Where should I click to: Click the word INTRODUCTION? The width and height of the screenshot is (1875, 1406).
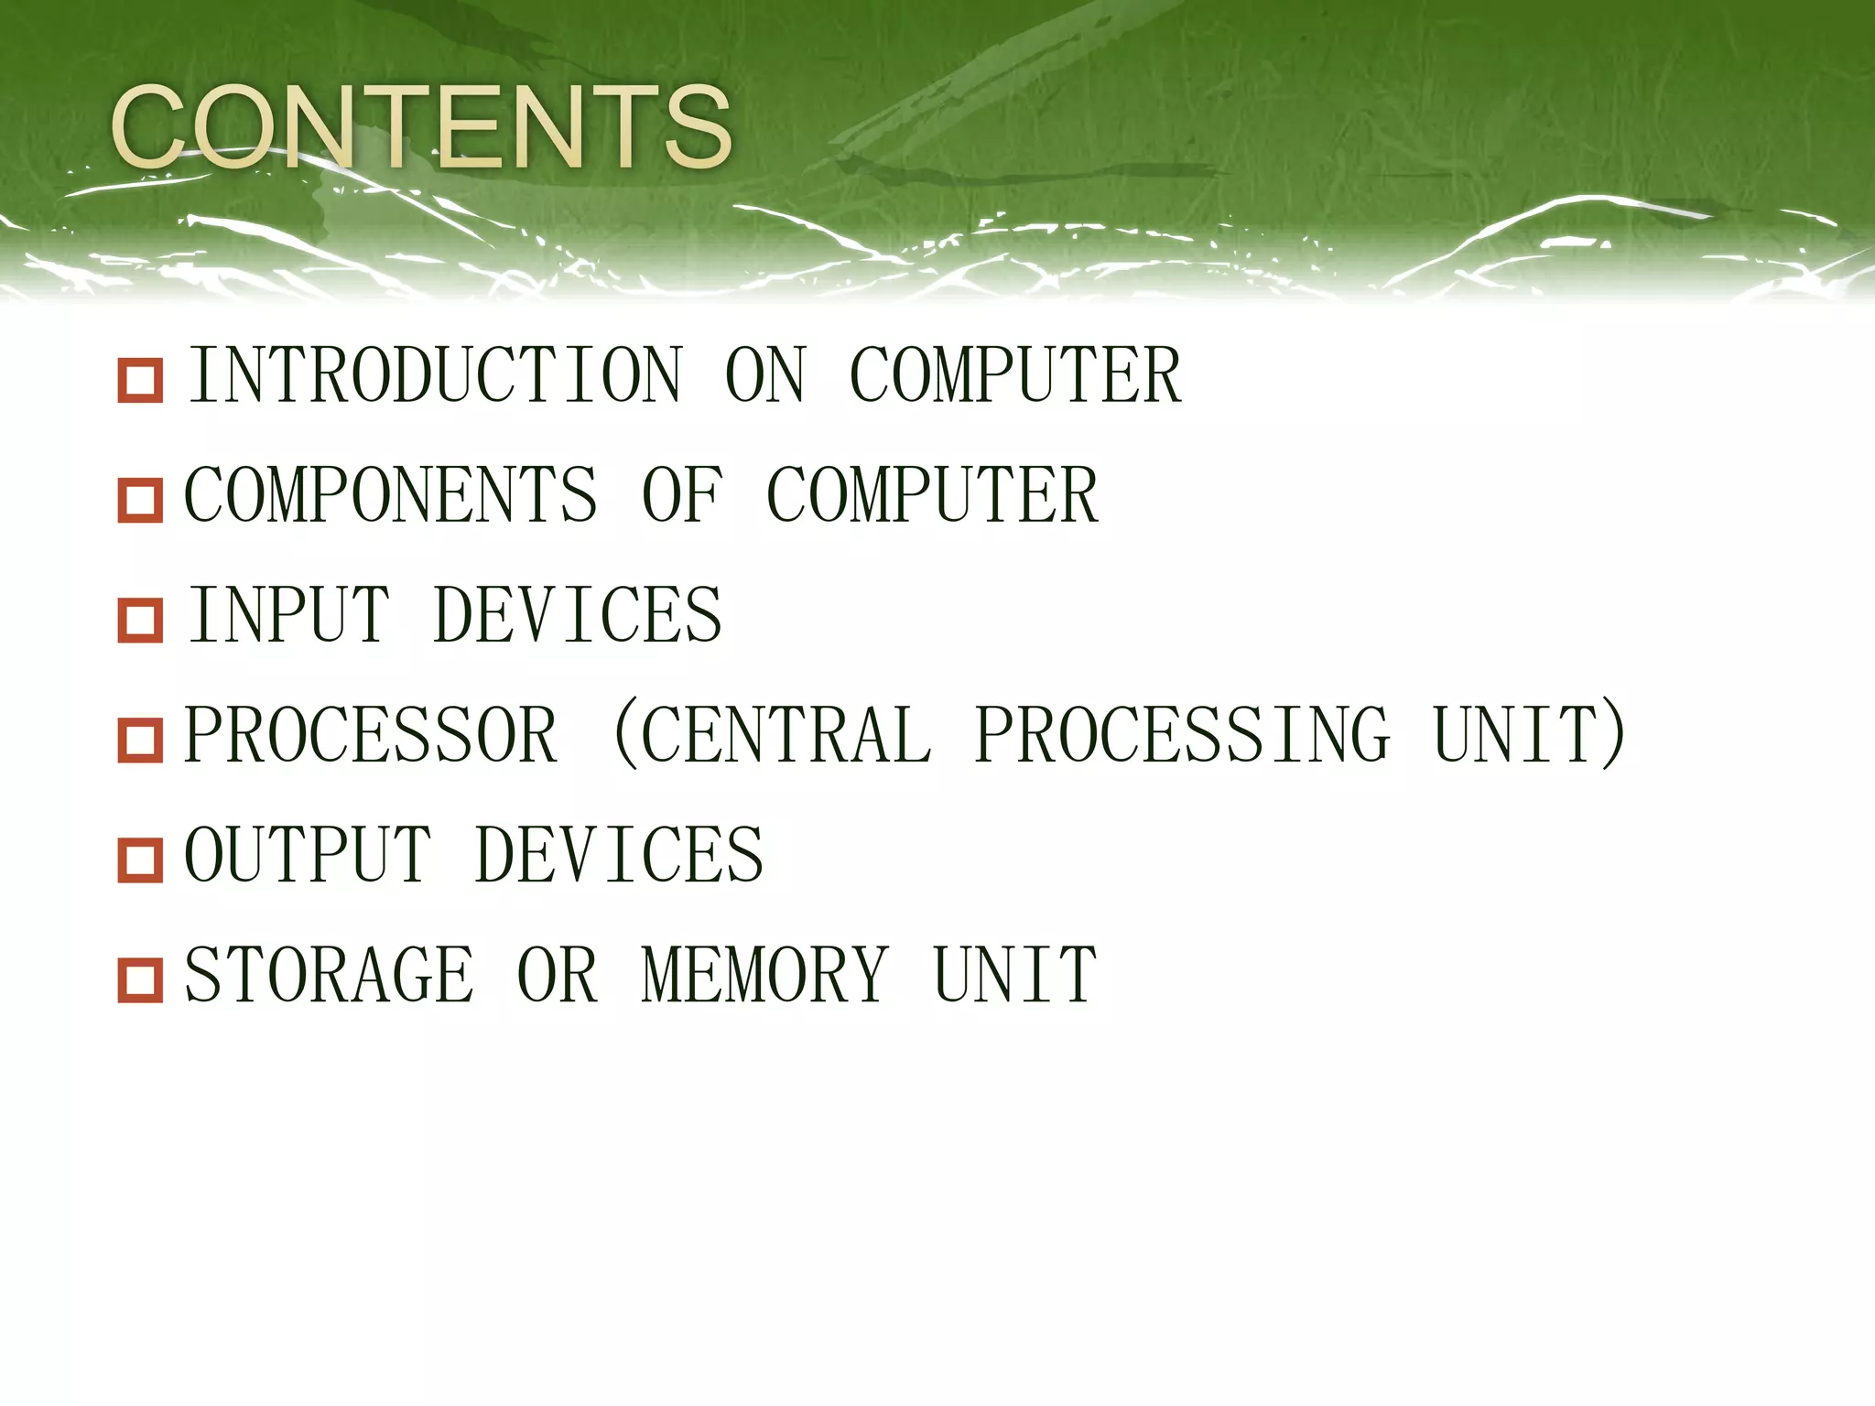click(x=435, y=375)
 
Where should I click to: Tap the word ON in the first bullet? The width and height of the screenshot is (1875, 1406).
click(x=765, y=375)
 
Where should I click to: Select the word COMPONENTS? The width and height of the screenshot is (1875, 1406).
click(x=391, y=495)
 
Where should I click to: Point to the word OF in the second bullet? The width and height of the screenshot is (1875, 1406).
click(x=682, y=495)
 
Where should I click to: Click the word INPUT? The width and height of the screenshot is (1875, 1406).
click(x=288, y=615)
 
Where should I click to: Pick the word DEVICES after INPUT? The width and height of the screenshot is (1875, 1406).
click(x=578, y=615)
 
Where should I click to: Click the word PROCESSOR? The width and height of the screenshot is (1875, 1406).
click(x=371, y=735)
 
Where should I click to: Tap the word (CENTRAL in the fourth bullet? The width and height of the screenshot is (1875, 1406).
click(x=770, y=735)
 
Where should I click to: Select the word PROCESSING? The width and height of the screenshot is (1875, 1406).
click(x=1181, y=735)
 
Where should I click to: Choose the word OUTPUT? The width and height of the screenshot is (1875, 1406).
click(x=308, y=855)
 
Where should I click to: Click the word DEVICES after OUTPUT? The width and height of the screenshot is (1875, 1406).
click(x=619, y=855)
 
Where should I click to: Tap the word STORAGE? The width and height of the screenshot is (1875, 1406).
click(x=330, y=975)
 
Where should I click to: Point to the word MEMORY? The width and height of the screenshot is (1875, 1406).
click(x=765, y=975)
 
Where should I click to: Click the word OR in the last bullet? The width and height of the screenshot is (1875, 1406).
click(x=558, y=975)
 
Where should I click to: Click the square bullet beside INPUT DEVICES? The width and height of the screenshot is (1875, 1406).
click(x=140, y=621)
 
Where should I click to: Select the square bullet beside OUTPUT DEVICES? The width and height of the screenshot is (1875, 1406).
click(x=140, y=860)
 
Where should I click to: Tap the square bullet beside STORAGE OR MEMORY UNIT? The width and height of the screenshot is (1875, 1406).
click(x=140, y=980)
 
